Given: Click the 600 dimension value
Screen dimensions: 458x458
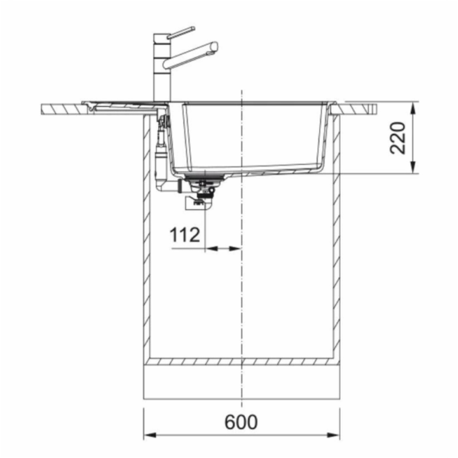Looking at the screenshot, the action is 241,422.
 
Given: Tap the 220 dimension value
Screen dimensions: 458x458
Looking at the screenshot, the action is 398,138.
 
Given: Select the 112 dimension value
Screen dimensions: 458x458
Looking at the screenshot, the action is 185,235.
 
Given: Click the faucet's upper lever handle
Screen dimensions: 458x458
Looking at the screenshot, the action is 181,32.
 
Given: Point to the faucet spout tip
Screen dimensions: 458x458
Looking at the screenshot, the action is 214,47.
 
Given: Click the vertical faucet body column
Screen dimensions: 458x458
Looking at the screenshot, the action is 162,68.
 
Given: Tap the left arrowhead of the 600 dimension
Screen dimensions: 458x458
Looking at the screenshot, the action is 150,435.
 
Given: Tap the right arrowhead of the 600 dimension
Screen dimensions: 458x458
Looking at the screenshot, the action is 334,435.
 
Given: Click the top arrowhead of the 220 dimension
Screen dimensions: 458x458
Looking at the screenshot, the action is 413,108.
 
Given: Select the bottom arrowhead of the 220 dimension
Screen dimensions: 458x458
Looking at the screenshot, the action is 413,167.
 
